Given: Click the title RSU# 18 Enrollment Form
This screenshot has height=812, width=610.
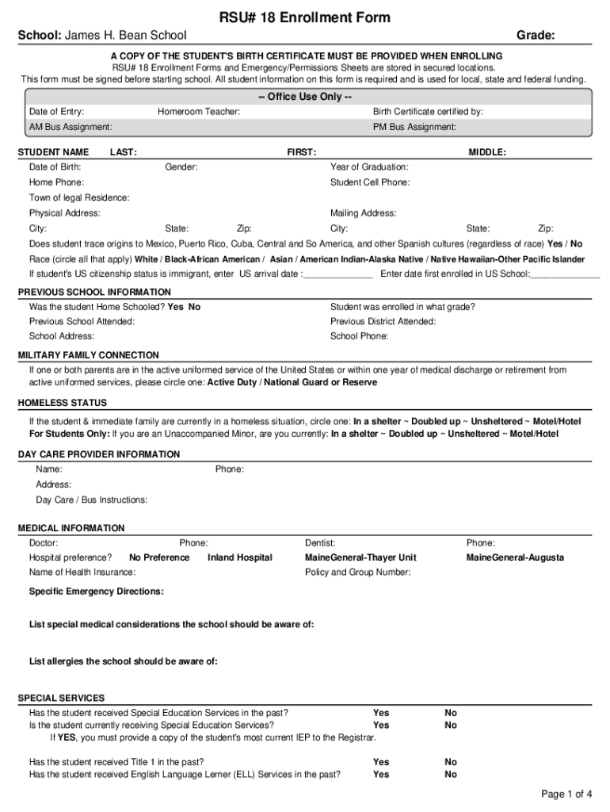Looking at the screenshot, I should tap(305, 17).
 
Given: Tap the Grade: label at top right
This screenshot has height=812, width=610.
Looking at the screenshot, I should tap(535, 36).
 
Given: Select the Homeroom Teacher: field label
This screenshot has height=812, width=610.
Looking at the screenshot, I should tap(199, 112).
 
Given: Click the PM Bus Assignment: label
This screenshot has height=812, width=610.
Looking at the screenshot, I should tap(414, 127).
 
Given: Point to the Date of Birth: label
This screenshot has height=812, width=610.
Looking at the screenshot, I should tap(55, 167).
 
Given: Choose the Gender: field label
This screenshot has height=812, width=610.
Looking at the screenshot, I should tap(181, 167).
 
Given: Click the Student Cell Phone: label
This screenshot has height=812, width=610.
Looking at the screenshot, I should tap(370, 182).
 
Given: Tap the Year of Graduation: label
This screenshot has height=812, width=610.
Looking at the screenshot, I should tap(369, 167).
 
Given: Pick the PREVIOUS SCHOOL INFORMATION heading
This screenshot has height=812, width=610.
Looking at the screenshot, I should tap(94, 292).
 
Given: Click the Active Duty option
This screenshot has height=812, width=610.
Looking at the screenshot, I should tap(231, 382).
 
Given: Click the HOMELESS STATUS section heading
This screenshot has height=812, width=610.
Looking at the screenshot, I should tap(63, 403).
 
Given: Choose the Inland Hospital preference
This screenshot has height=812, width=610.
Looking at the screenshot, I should tap(239, 557).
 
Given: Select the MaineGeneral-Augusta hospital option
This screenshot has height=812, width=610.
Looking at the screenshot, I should tap(515, 557).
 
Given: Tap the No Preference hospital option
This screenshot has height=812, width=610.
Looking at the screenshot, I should tap(159, 557).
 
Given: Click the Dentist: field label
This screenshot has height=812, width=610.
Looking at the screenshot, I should tap(320, 543).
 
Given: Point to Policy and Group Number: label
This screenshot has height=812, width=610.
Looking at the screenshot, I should tap(357, 572).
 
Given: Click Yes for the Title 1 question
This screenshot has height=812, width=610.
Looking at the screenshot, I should tap(381, 762).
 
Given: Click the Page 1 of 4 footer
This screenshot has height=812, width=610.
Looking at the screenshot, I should tap(566, 794).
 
